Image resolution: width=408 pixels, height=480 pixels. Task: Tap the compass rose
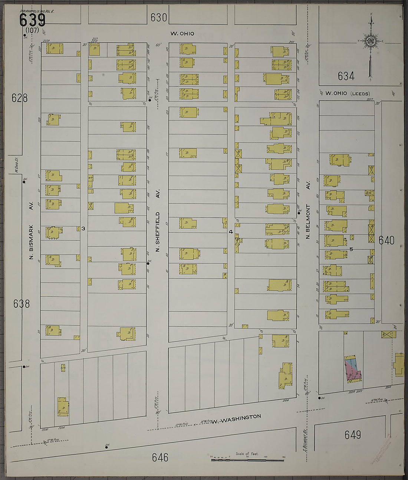(x=370, y=41)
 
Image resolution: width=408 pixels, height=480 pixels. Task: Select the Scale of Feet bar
(x=247, y=460)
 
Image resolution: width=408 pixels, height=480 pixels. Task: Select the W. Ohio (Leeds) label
(x=348, y=93)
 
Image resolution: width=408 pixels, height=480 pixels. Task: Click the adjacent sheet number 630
(x=159, y=17)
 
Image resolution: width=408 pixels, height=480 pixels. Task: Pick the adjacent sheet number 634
(x=346, y=76)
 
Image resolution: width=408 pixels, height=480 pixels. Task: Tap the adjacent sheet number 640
(x=386, y=240)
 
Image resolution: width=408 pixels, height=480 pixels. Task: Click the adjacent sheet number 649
(x=353, y=434)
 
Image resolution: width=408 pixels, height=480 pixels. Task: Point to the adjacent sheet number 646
(x=160, y=457)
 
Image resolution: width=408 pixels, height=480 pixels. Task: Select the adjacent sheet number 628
(x=20, y=98)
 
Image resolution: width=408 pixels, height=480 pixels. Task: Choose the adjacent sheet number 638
(x=22, y=304)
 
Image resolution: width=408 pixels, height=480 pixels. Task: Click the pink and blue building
(x=353, y=370)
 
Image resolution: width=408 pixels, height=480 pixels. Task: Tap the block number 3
(x=83, y=229)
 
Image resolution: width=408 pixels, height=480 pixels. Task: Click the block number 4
(x=231, y=232)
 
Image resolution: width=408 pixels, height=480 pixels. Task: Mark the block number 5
(x=351, y=249)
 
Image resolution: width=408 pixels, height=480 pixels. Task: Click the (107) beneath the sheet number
(x=33, y=30)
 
